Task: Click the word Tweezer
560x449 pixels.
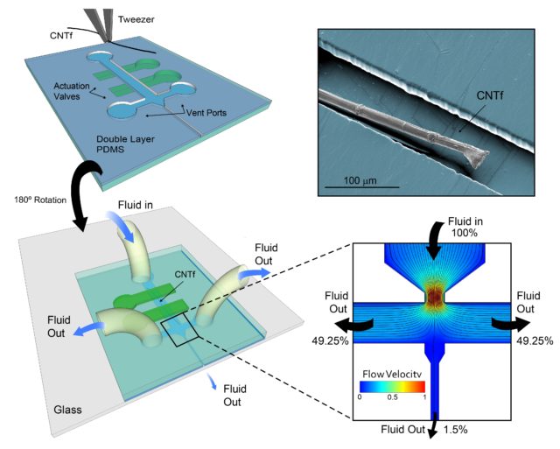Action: click(136, 19)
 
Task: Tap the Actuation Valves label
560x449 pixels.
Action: click(72, 91)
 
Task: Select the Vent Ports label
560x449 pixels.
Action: click(206, 113)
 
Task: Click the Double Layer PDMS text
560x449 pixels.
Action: click(125, 144)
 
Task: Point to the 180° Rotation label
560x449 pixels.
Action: click(40, 200)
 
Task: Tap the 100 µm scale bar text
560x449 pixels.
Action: click(360, 180)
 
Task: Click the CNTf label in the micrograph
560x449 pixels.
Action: click(490, 95)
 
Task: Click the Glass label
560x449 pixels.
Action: click(67, 410)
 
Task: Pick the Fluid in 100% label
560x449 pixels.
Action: click(465, 228)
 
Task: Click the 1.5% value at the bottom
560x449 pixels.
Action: click(455, 430)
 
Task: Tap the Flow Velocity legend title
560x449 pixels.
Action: click(392, 375)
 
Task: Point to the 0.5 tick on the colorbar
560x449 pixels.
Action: click(392, 397)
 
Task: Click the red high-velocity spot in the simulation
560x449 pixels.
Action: click(435, 296)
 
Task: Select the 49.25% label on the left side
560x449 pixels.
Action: click(330, 340)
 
